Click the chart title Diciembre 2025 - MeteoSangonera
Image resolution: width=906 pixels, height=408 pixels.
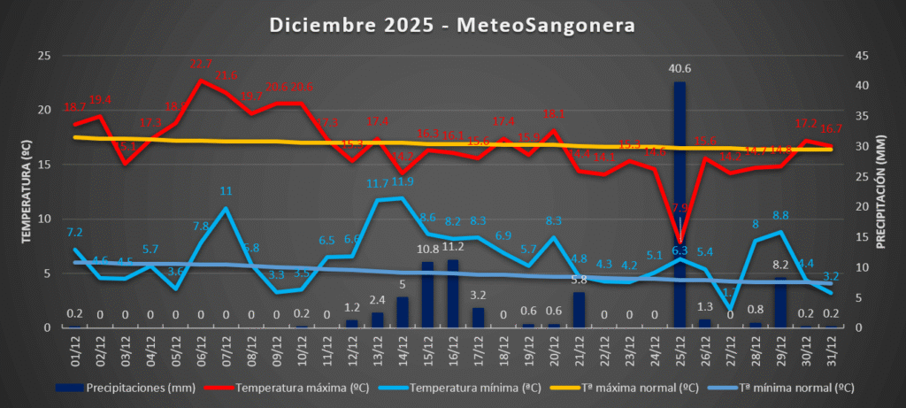452,26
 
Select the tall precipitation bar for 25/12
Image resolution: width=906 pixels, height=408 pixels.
679,204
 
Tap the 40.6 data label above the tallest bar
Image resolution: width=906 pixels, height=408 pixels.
679,69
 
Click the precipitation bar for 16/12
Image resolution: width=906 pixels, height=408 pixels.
453,293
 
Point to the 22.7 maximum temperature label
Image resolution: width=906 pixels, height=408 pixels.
202,65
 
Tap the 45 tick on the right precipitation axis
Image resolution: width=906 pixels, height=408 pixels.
857,56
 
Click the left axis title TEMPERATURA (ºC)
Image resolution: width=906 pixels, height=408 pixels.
27,191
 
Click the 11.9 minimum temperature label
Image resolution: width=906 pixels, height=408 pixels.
403,181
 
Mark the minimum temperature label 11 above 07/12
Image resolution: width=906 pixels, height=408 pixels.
226,191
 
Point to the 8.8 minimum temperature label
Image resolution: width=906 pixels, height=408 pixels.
780,215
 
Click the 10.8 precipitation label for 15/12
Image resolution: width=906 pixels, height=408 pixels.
427,250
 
